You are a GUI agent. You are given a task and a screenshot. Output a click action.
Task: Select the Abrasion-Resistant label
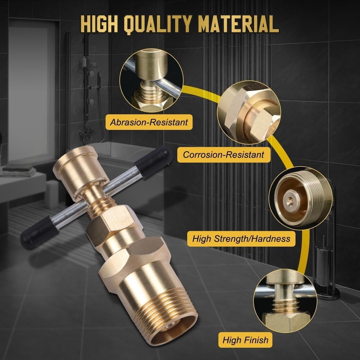pyautogui.click(x=149, y=122)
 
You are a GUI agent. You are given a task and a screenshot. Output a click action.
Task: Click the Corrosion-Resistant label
pyautogui.click(x=223, y=155)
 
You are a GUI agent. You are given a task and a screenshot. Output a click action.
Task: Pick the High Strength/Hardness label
pyautogui.click(x=241, y=238)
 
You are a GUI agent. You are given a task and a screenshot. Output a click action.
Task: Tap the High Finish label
pyautogui.click(x=245, y=340)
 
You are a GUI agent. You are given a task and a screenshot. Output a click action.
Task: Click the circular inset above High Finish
pyautogui.click(x=285, y=301)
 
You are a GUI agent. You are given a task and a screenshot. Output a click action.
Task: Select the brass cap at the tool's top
pyautogui.click(x=81, y=172)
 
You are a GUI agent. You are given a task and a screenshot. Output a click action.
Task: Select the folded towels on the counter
pyautogui.click(x=18, y=170)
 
